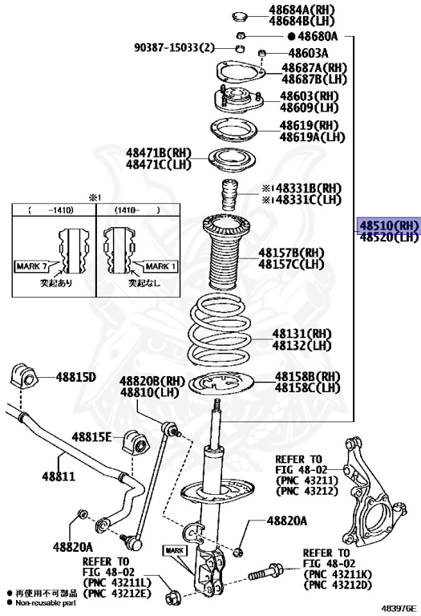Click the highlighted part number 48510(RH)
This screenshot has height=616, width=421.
click(x=389, y=225)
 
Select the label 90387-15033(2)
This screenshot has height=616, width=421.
click(x=175, y=48)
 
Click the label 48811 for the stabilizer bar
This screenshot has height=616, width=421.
click(x=58, y=476)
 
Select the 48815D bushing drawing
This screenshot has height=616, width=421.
click(x=23, y=376)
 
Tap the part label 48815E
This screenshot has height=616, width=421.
click(x=91, y=436)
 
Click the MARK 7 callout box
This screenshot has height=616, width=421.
click(x=32, y=266)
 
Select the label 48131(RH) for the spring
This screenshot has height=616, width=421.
click(x=302, y=334)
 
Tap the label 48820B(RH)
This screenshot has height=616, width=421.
click(x=152, y=381)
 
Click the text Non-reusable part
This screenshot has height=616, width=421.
click(x=46, y=602)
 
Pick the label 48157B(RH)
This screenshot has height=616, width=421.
click(x=291, y=252)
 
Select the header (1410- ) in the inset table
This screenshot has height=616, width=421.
click(x=137, y=210)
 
